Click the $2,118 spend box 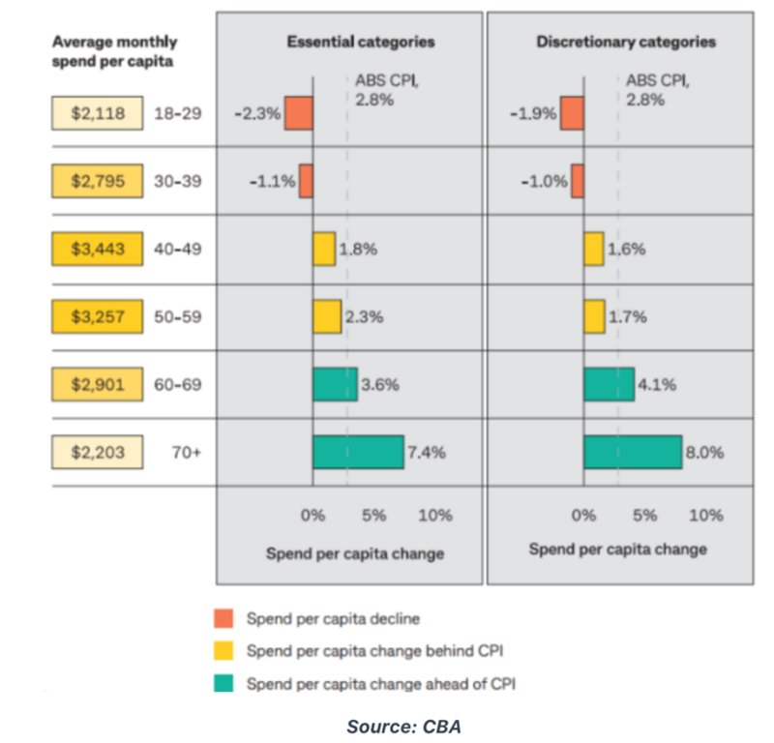pyautogui.click(x=98, y=113)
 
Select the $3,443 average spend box pyautogui.click(x=98, y=249)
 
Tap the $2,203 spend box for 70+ pyautogui.click(x=98, y=451)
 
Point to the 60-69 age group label pyautogui.click(x=178, y=384)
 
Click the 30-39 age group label pyautogui.click(x=178, y=181)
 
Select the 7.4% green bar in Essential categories pyautogui.click(x=357, y=452)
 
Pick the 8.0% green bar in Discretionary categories pyautogui.click(x=632, y=452)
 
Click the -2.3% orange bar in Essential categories pyautogui.click(x=298, y=113)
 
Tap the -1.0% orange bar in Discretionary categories pyautogui.click(x=578, y=181)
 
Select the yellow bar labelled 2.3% pyautogui.click(x=326, y=316)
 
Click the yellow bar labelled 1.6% pyautogui.click(x=593, y=249)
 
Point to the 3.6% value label pyautogui.click(x=380, y=384)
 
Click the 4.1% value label pyautogui.click(x=657, y=384)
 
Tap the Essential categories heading pyautogui.click(x=360, y=42)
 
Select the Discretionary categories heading pyautogui.click(x=626, y=42)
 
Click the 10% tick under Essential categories pyautogui.click(x=435, y=516)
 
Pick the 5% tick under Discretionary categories pyautogui.click(x=644, y=516)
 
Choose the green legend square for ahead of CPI pyautogui.click(x=223, y=684)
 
